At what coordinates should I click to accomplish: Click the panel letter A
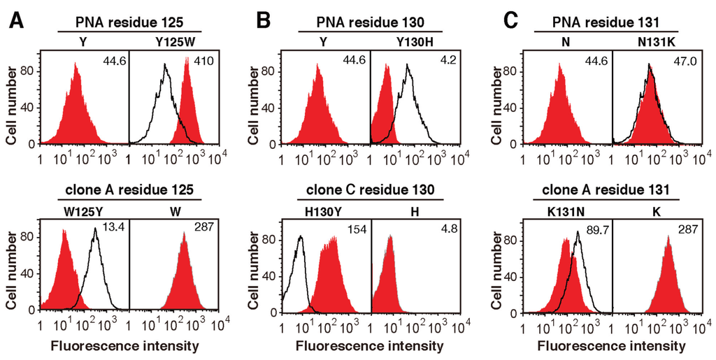(x=17, y=20)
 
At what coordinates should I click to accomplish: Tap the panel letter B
(x=262, y=20)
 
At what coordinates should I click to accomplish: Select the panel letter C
(x=510, y=20)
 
